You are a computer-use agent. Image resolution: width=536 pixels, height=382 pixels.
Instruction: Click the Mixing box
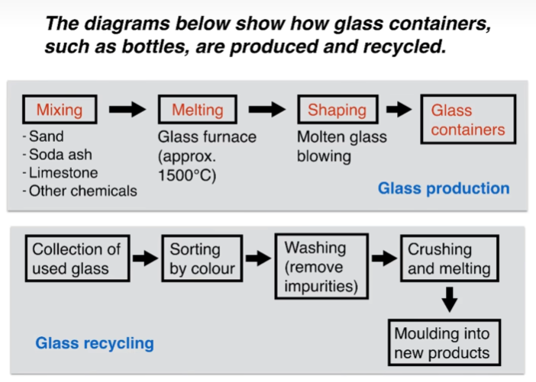pos(60,110)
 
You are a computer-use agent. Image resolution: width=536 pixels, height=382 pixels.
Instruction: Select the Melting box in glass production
pos(198,110)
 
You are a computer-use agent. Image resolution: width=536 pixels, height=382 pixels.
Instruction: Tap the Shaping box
pos(337,110)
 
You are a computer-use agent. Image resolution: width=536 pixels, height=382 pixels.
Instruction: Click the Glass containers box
pos(468,120)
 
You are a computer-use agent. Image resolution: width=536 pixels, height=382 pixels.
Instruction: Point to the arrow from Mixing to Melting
pos(128,110)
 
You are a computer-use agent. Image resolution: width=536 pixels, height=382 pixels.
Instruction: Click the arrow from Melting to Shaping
pos(267,110)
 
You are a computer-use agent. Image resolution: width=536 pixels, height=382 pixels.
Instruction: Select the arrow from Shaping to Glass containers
pos(399,110)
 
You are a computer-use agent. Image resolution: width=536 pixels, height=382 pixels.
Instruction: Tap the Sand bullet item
pos(44,136)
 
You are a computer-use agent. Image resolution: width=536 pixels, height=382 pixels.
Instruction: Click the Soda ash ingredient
pos(57,155)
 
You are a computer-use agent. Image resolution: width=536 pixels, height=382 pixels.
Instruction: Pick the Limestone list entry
pos(60,173)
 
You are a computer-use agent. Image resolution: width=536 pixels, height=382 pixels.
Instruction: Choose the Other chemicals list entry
pos(79,191)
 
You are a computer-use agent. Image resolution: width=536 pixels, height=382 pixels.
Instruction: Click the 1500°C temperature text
pos(187,175)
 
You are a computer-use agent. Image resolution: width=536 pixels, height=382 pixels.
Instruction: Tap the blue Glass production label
pos(444,188)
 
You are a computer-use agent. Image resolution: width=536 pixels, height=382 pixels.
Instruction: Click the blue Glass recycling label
pos(95,343)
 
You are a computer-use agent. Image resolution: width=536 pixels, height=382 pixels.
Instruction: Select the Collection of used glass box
pos(78,258)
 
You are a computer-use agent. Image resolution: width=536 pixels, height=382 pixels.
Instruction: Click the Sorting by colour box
pos(202,258)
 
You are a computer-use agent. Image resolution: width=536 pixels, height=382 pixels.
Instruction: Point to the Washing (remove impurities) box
pos(321,267)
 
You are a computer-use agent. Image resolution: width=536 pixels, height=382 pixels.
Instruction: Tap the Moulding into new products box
pos(444,343)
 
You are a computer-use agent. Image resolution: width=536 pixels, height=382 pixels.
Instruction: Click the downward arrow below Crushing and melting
pos(450,300)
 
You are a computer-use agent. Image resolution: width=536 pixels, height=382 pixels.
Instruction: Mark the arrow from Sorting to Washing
pos(258,258)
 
